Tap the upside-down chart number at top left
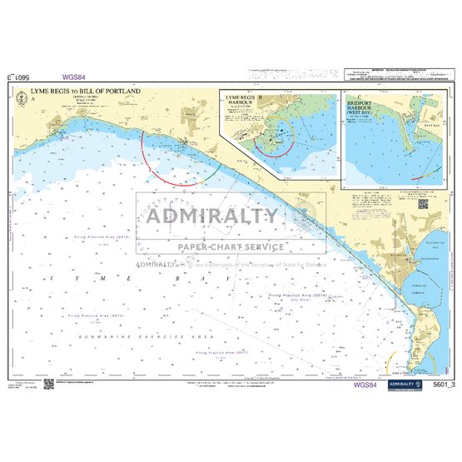pos(19,77)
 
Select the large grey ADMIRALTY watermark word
pos(212,216)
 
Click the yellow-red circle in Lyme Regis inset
pos(274,135)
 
